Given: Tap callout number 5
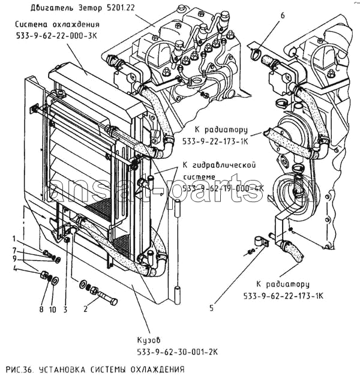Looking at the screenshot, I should pos(211,309).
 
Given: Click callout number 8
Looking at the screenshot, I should pos(41,309).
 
